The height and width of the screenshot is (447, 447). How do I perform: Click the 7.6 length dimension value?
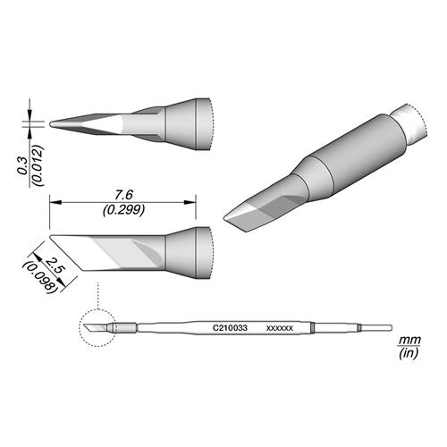click(123, 195)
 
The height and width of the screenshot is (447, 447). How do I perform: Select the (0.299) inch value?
click(123, 210)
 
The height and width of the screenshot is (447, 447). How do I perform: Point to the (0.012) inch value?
click(38, 165)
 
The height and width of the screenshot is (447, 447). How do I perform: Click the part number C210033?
click(230, 328)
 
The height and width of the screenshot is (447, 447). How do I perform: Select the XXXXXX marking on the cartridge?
click(280, 328)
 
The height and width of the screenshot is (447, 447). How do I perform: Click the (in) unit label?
click(409, 353)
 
